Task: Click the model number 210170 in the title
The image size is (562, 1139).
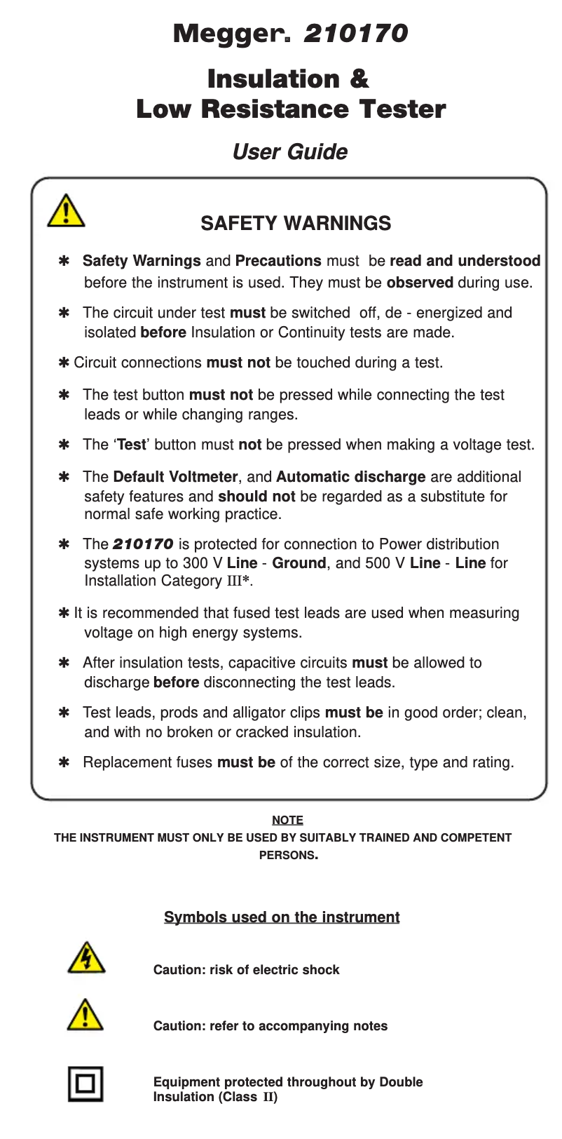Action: [x=355, y=34]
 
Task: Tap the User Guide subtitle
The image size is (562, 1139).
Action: [x=289, y=152]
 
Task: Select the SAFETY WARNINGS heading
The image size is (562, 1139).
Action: [x=296, y=223]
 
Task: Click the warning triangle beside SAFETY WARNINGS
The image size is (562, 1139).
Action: [x=66, y=210]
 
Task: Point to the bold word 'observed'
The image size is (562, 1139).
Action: [x=420, y=283]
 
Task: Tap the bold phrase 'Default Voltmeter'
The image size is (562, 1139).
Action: [x=175, y=477]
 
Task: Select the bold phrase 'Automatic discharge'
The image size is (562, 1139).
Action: [x=350, y=477]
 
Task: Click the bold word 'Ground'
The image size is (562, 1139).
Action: [x=299, y=563]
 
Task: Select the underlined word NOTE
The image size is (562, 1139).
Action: [x=287, y=820]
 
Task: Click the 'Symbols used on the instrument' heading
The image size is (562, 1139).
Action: [x=282, y=917]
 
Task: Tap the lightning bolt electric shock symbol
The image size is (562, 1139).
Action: [x=85, y=959]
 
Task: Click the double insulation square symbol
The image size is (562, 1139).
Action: [x=85, y=1084]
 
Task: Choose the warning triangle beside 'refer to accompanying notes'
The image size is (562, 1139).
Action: [x=85, y=1016]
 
